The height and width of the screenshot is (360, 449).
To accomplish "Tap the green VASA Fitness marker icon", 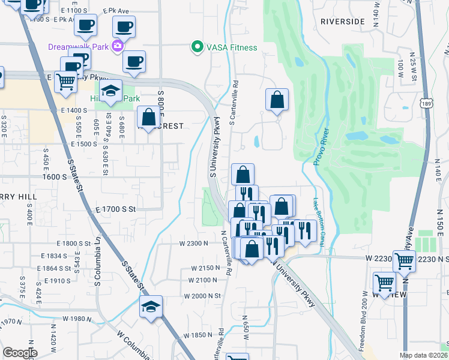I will click(196, 47).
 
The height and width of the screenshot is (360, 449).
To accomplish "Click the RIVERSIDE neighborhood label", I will click(342, 21).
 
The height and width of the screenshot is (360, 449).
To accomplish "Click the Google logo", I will click(20, 353).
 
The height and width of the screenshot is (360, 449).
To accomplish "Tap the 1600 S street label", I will click(54, 177).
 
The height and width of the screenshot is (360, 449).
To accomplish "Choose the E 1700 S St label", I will click(116, 209).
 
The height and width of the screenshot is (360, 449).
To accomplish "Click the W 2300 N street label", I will click(193, 243).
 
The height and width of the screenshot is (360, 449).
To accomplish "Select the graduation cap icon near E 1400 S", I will click(111, 91).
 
